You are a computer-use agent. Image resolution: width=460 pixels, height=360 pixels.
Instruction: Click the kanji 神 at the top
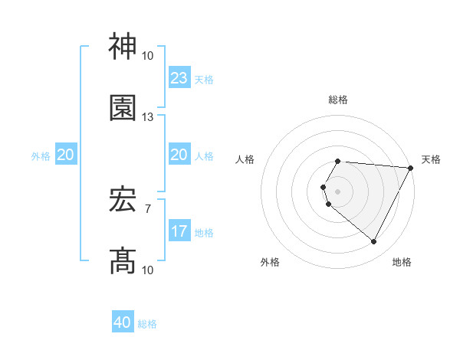[x=123, y=47]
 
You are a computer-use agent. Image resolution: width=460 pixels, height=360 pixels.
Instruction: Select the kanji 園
[x=123, y=108]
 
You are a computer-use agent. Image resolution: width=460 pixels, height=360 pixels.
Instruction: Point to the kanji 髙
[x=123, y=260]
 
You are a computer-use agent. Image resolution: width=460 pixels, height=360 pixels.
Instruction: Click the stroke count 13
[x=148, y=117]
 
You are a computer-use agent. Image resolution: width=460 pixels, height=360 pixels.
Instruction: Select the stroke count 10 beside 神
[x=148, y=56]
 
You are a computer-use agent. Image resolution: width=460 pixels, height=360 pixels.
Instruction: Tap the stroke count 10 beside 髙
[x=148, y=270]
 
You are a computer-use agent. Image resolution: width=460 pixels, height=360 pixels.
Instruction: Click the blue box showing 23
[x=179, y=78]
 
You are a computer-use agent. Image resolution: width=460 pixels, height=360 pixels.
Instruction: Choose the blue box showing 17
[x=179, y=231]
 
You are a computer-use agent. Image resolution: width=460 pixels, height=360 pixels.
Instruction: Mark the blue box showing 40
[x=123, y=322]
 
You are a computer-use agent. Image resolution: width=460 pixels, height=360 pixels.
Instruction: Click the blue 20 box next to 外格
[x=66, y=155]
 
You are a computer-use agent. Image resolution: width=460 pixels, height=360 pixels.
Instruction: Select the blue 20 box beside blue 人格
[x=179, y=155]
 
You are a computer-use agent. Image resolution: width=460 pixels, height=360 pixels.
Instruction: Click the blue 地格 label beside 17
[x=204, y=232]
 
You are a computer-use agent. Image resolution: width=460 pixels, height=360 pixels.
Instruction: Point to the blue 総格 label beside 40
[x=147, y=324]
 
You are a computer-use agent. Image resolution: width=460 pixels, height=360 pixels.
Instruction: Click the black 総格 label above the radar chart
[x=338, y=100]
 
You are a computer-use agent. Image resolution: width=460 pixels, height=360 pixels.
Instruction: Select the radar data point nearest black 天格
[x=411, y=168]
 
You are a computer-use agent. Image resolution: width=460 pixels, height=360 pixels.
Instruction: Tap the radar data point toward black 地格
[x=374, y=242]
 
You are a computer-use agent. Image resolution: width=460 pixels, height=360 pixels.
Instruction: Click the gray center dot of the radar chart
[x=338, y=191]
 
